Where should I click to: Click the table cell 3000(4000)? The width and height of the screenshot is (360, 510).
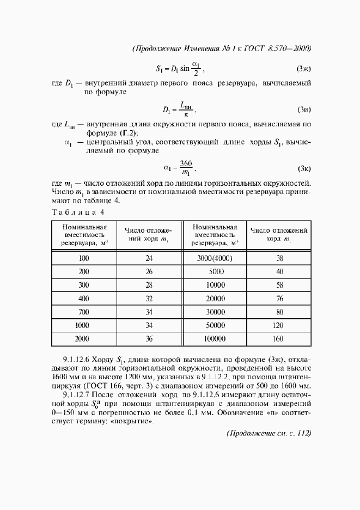[x=215, y=259]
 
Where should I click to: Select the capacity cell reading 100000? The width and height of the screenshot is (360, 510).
[x=215, y=338]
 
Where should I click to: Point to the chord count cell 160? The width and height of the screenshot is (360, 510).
[x=279, y=338]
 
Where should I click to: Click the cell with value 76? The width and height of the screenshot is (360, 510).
[x=279, y=299]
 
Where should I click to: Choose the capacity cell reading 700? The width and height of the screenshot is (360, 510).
[x=84, y=312]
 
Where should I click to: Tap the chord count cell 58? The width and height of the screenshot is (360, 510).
[x=279, y=285]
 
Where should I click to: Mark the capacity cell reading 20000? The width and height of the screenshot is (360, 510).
[x=215, y=299]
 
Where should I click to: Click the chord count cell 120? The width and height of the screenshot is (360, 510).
[x=279, y=325]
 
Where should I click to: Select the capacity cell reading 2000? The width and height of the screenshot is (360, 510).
[x=84, y=338]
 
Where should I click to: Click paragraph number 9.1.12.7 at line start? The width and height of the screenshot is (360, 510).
[x=77, y=395]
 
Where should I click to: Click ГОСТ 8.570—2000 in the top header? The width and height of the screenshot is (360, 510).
[x=282, y=48]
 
